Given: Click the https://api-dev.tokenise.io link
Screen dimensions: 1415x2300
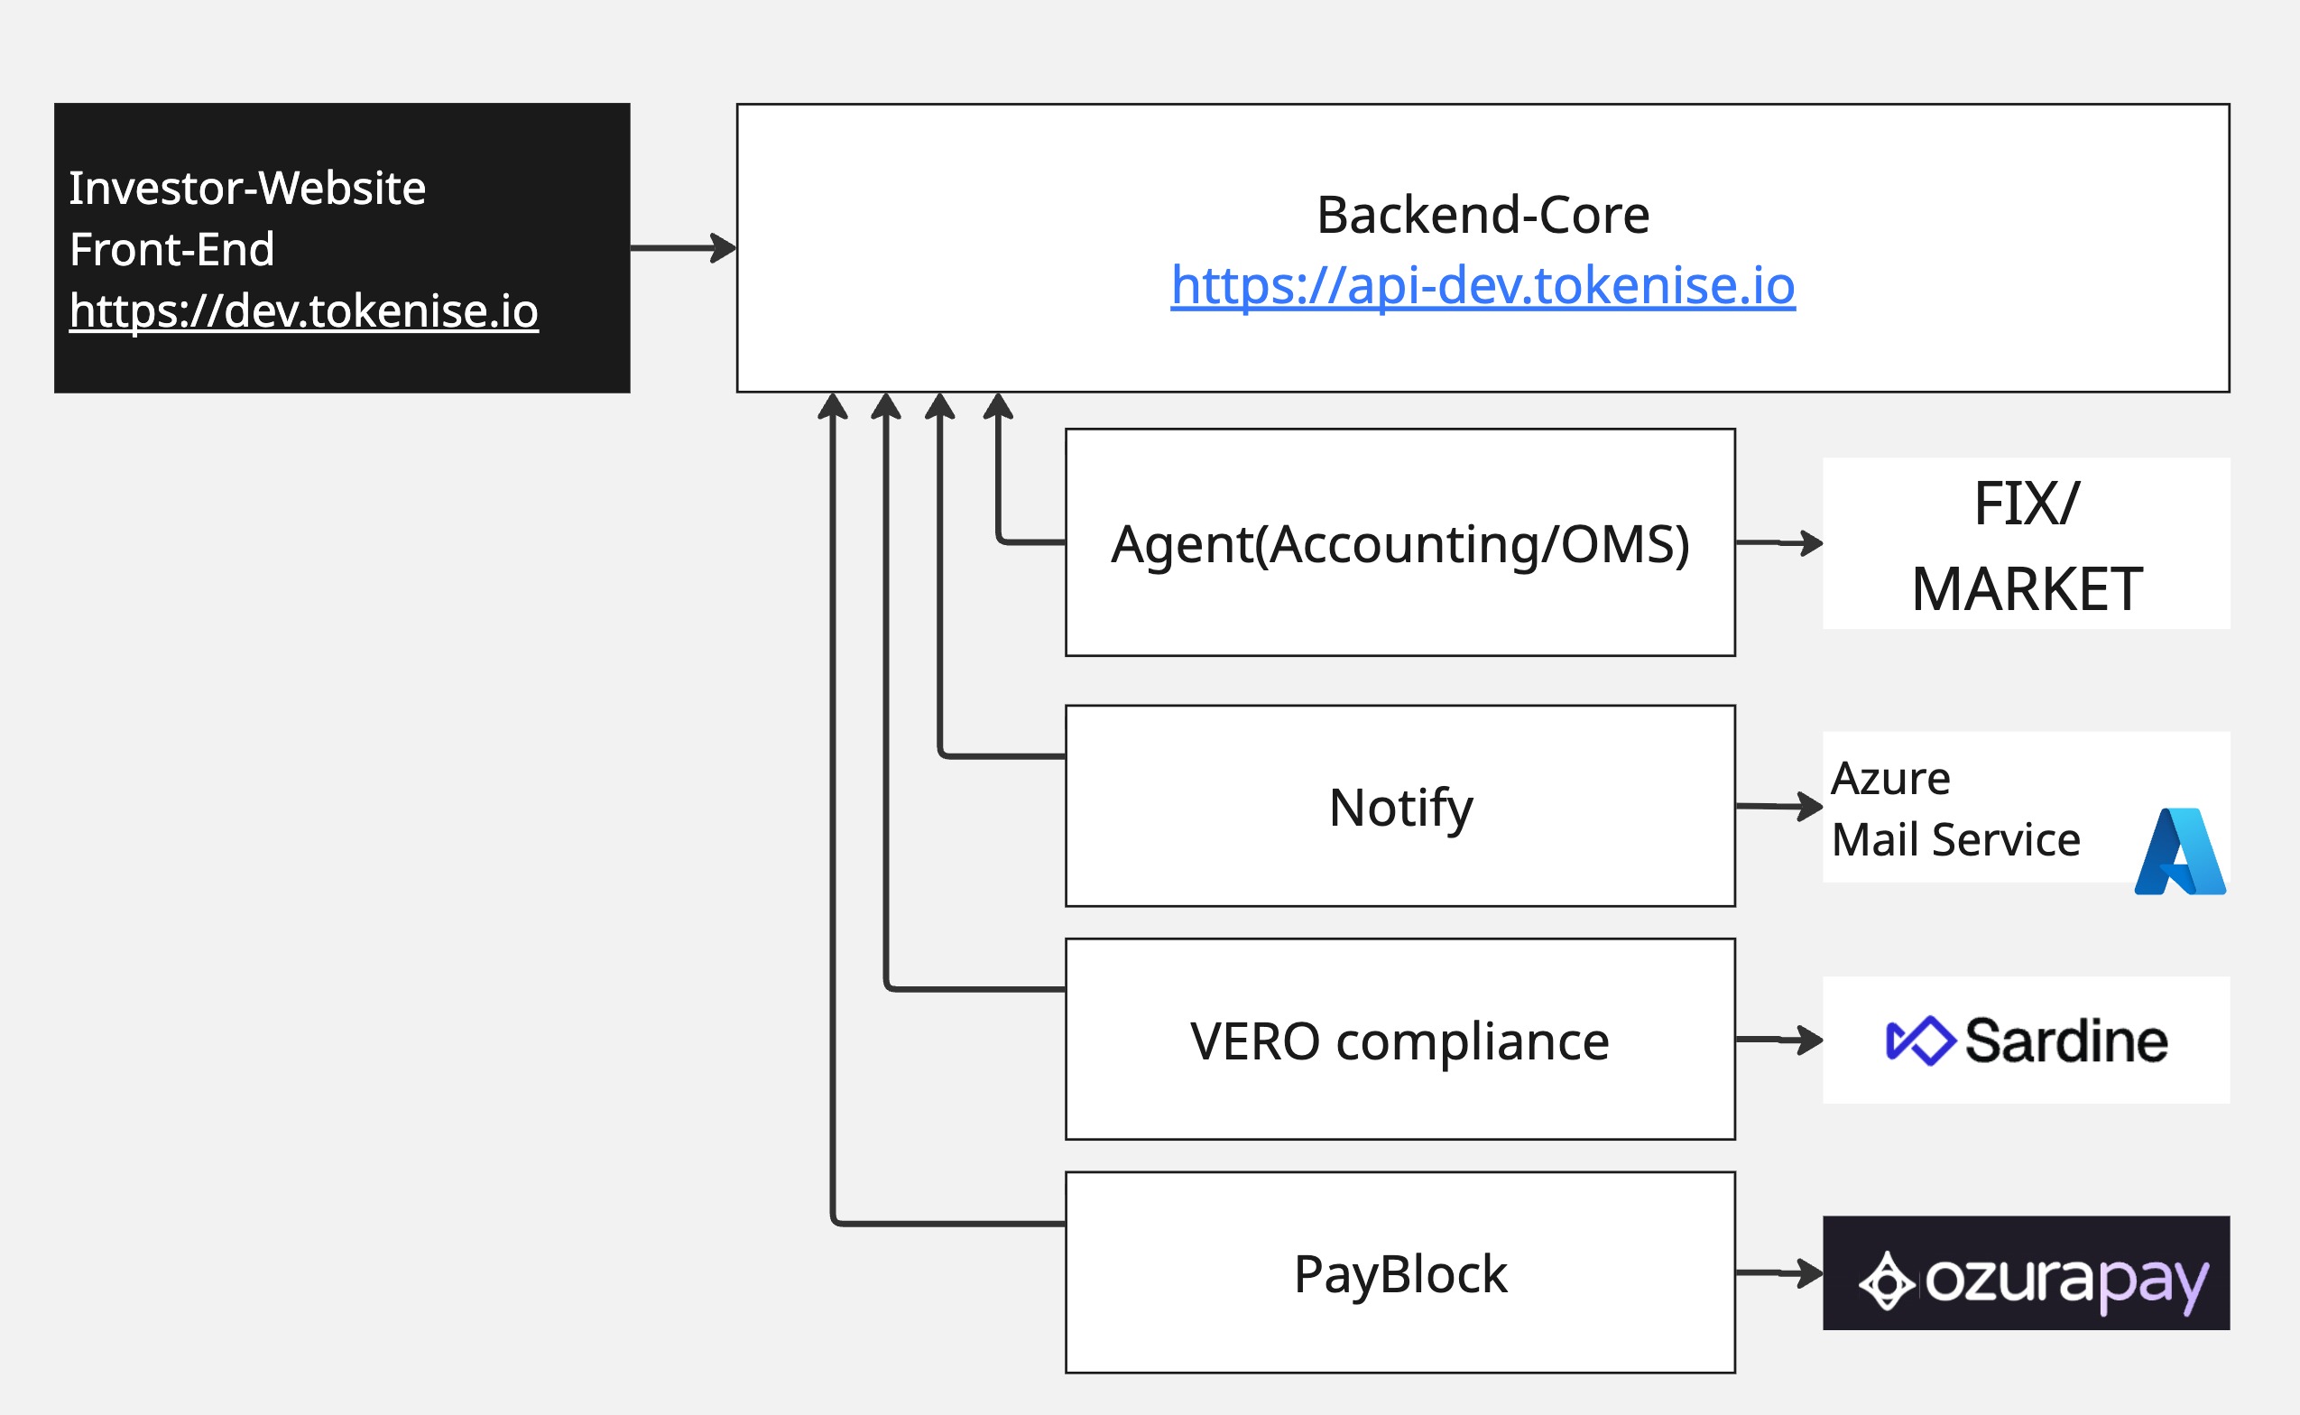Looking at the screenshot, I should [1483, 285].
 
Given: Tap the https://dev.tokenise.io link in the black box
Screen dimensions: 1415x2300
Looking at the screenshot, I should [303, 310].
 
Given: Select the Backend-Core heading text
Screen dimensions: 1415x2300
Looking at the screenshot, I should [1483, 216].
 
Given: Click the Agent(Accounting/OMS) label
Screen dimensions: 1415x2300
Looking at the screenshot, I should [1399, 544].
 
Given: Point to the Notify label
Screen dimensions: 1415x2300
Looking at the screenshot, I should [1399, 807].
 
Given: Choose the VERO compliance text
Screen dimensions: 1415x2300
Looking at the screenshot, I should [1399, 1040].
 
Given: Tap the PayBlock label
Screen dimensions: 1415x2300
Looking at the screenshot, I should [1399, 1273].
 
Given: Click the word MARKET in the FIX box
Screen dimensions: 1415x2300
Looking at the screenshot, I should [2027, 588].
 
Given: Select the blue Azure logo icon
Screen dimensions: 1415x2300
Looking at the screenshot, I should [2179, 852].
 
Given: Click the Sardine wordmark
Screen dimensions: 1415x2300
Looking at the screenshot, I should [2066, 1040].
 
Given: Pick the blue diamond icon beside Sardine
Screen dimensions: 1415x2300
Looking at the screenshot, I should [1919, 1040].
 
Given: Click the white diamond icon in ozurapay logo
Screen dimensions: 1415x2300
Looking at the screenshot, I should [1887, 1281].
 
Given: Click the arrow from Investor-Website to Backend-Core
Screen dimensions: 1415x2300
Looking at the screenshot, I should [683, 248].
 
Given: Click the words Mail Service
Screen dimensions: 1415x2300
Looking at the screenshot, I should [1955, 839].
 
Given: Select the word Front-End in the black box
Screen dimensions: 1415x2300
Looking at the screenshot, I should [172, 250].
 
